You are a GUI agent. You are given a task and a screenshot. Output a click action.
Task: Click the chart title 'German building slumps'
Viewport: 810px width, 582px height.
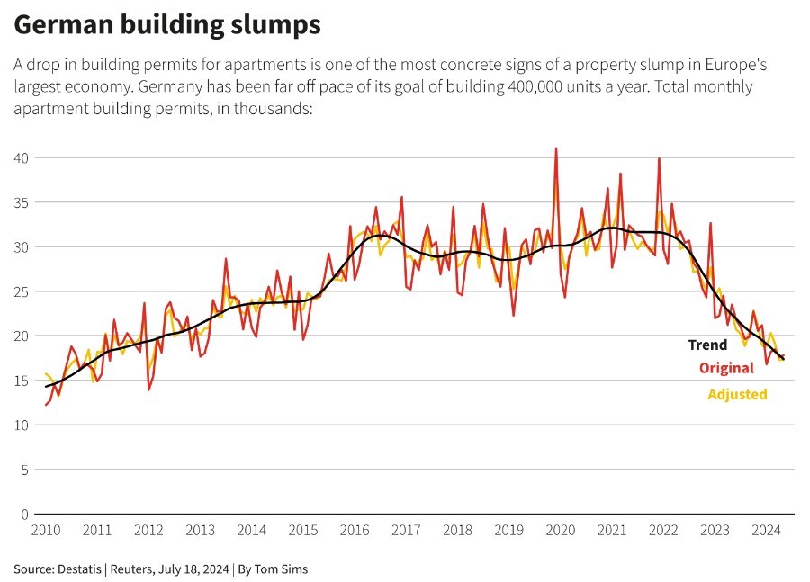[x=167, y=25]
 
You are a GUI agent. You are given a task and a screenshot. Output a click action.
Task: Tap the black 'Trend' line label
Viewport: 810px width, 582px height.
[x=707, y=345]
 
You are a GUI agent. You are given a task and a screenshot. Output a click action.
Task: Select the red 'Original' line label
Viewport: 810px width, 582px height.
[x=725, y=368]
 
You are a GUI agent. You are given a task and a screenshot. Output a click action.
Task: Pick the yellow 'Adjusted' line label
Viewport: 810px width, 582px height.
[x=737, y=394]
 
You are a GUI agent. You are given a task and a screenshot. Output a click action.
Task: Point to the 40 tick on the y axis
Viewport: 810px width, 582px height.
[x=22, y=158]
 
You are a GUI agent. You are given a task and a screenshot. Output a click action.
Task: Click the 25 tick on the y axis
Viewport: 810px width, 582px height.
[x=22, y=291]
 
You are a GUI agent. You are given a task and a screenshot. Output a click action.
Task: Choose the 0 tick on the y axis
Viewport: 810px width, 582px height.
[x=25, y=515]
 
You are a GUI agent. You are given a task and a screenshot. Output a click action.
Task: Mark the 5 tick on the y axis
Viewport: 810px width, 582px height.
[x=25, y=470]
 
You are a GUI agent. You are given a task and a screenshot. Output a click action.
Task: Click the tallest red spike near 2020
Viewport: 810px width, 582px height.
[x=556, y=148]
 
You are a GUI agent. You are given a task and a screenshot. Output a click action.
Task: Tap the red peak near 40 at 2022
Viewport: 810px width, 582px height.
[x=660, y=159]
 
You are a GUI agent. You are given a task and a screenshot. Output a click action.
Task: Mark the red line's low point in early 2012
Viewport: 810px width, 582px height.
[x=148, y=389]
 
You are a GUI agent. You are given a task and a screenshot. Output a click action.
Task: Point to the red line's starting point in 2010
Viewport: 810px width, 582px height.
[x=46, y=405]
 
